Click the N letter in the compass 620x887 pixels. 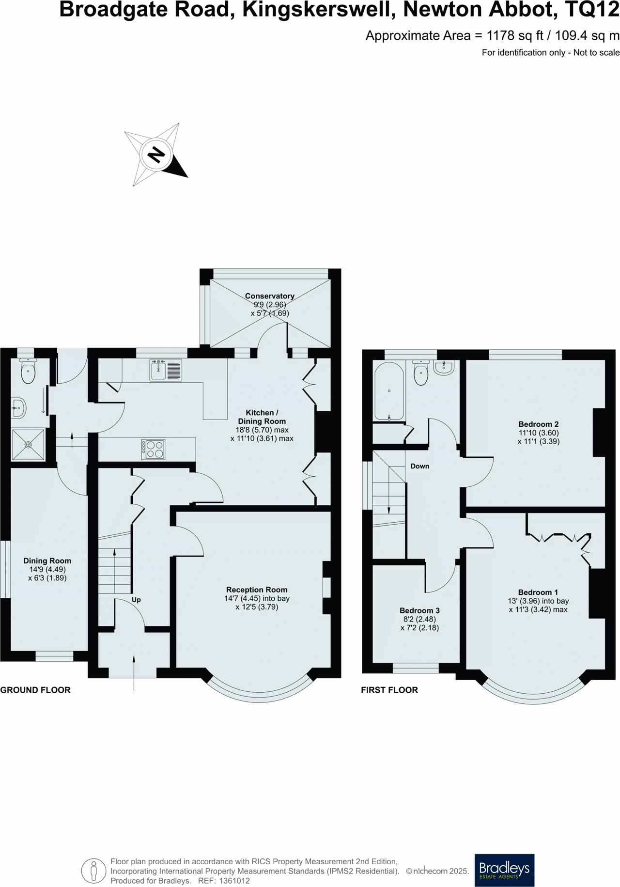[x=156, y=155]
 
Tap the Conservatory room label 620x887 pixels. [x=269, y=296]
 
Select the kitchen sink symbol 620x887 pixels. [x=166, y=370]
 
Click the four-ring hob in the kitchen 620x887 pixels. [x=153, y=449]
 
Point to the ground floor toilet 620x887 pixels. [x=28, y=372]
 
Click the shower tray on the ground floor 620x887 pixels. [x=28, y=444]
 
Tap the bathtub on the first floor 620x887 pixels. [x=389, y=391]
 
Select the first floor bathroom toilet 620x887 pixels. [x=421, y=373]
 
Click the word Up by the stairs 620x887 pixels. [x=136, y=600]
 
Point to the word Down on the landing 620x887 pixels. [x=419, y=466]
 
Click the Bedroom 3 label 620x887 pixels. [x=419, y=610]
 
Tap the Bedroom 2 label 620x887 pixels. [x=538, y=424]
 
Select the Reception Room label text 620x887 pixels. [x=257, y=590]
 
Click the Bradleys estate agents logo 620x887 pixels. [x=504, y=870]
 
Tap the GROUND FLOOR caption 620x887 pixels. [x=35, y=690]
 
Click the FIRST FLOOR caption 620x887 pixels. [x=389, y=690]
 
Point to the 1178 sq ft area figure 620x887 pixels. [x=515, y=35]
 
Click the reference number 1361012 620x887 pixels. [x=234, y=881]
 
